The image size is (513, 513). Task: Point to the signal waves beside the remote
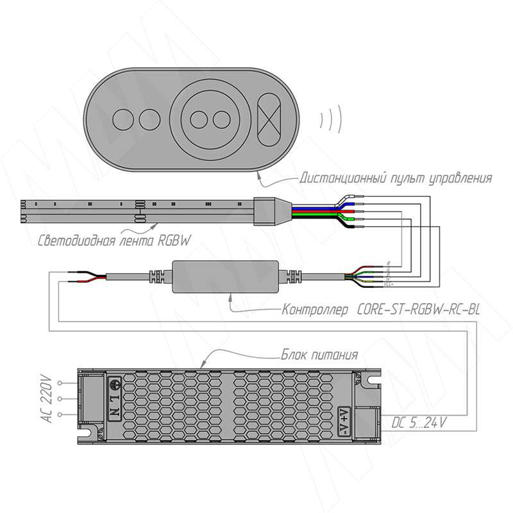[330, 118]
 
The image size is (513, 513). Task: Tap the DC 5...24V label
[419, 423]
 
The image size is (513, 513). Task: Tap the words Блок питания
[318, 354]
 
